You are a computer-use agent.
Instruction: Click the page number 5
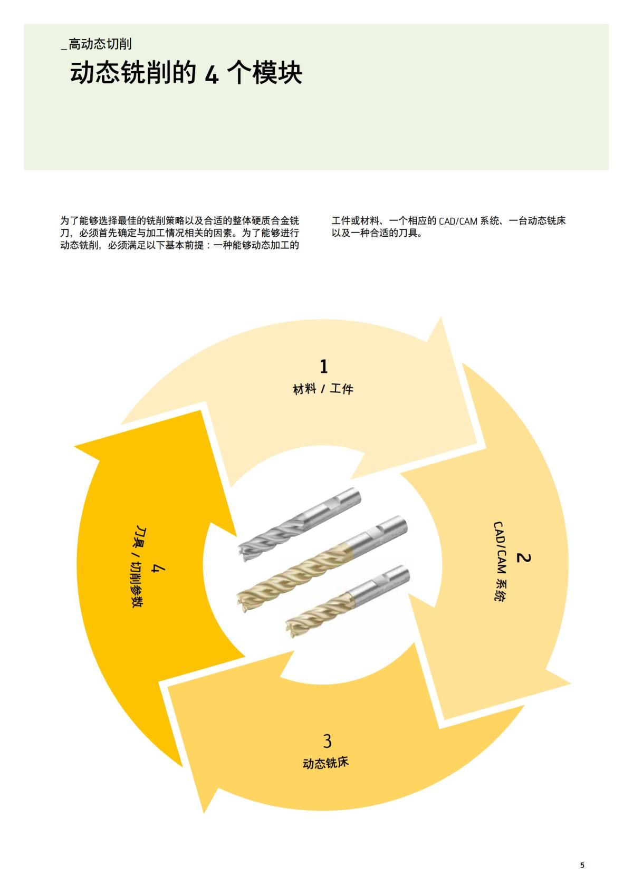coord(582,865)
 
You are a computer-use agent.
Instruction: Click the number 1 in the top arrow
coord(324,366)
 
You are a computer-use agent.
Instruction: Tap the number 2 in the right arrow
coord(523,557)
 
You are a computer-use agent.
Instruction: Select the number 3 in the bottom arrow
coord(327,741)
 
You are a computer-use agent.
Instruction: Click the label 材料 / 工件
coord(323,389)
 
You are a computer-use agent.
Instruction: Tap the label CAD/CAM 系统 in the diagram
coord(500,561)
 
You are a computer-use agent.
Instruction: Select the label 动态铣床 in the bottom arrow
coord(326,763)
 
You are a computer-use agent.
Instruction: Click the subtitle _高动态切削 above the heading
coord(97,44)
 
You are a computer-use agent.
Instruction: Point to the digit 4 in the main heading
coord(211,74)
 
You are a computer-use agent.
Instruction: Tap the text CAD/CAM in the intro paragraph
coord(458,221)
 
